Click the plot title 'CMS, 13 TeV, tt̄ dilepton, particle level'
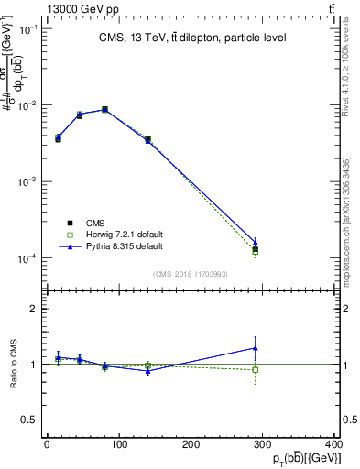pos(191,38)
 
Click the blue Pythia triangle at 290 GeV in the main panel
pos(256,242)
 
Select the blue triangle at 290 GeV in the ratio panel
pos(256,347)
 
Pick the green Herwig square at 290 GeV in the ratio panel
pos(256,370)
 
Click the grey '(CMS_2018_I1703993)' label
pos(191,274)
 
